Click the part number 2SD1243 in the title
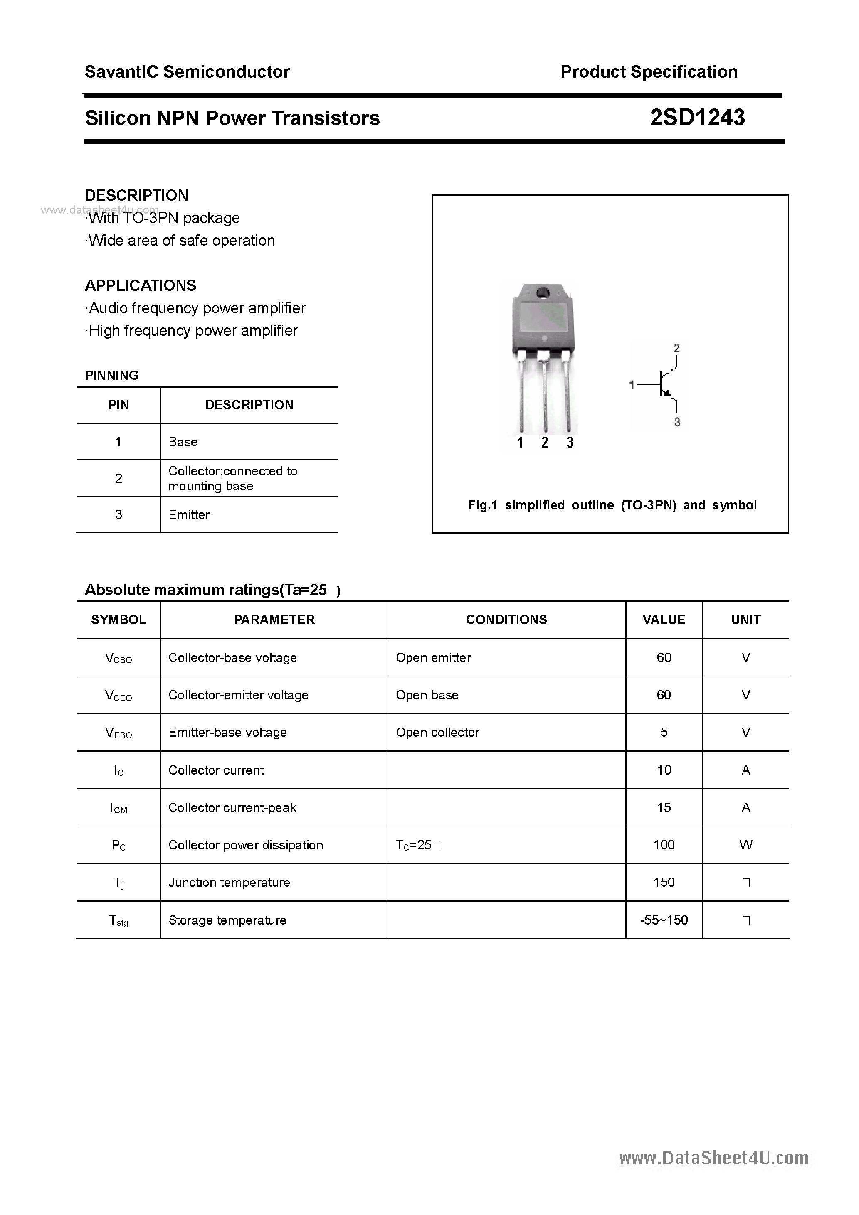click(697, 118)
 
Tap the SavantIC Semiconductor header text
click(187, 72)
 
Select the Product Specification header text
click(649, 72)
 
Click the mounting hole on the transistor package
click(543, 293)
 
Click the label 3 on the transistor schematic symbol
click(677, 422)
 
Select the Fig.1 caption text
click(612, 505)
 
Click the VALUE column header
click(664, 620)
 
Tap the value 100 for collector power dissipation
click(664, 845)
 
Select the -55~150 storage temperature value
click(664, 920)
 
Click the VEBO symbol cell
click(118, 733)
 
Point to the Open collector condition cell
click(437, 733)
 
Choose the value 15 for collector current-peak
click(664, 807)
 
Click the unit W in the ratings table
click(745, 845)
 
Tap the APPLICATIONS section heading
click(141, 286)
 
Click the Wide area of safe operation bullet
click(180, 241)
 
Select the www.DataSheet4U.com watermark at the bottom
click(713, 1158)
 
